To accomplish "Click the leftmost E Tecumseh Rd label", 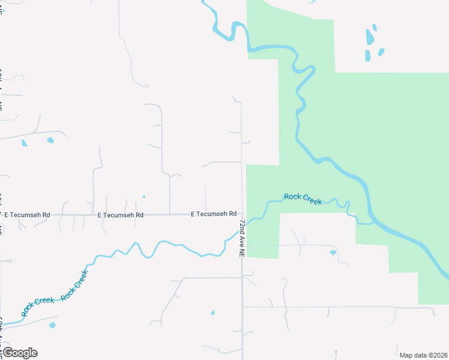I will [26, 214].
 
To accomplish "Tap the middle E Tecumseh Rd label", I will [121, 214].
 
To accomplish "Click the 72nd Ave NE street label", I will [242, 238].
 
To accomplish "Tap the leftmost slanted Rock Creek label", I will [37, 306].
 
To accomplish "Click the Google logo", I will [19, 353].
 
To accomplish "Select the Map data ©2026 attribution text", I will [423, 355].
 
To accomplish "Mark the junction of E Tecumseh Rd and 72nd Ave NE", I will [243, 214].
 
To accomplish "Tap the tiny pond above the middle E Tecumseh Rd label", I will [143, 196].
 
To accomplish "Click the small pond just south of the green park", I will [333, 253].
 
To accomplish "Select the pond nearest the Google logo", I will [52, 325].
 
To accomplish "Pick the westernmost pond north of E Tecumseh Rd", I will [24, 143].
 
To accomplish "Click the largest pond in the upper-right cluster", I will [370, 38].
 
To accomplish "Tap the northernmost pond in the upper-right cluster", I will [375, 27].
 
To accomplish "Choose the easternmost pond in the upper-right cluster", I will [381, 52].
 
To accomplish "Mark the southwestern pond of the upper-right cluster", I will [367, 55].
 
